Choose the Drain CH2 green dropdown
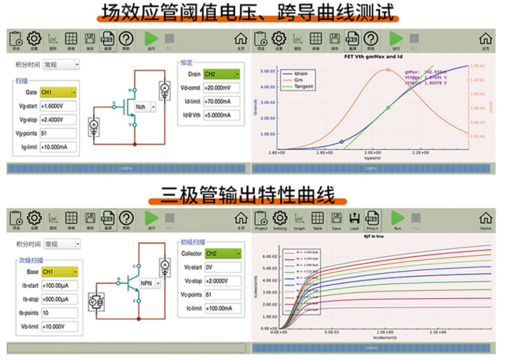click(222, 74)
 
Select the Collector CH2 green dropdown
click(222, 253)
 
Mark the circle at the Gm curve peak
click(388, 70)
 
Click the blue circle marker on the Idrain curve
click(342, 142)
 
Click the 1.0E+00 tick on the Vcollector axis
click(385, 332)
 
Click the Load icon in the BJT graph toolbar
click(354, 220)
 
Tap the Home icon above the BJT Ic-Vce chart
click(486, 220)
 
